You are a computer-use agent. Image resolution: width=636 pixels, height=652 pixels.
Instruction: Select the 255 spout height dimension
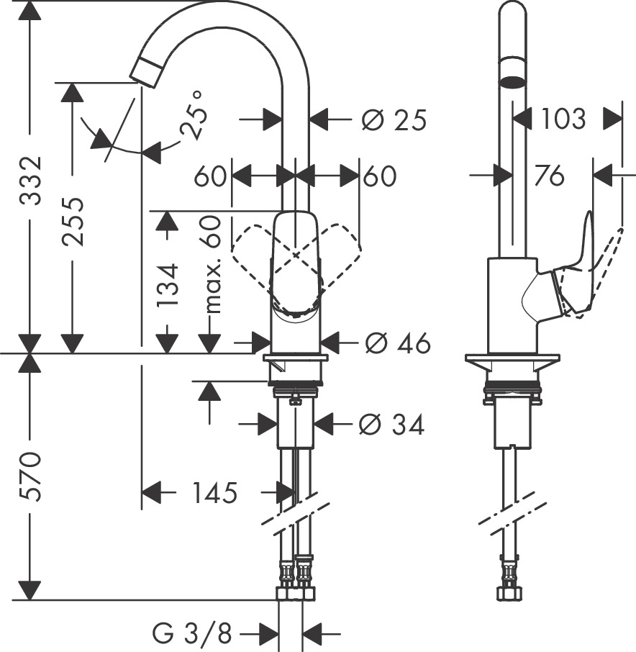[x=73, y=221]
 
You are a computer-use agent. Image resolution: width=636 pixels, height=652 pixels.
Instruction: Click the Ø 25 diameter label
[x=394, y=119]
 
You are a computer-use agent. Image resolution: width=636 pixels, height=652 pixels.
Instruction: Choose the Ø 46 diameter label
[x=397, y=344]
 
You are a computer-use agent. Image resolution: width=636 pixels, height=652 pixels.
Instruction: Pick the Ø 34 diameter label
[x=391, y=425]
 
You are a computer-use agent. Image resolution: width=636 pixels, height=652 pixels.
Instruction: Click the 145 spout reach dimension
[x=214, y=493]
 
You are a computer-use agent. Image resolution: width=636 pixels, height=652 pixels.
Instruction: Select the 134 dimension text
[x=168, y=286]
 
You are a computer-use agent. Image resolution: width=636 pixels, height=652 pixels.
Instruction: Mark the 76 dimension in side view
[x=550, y=175]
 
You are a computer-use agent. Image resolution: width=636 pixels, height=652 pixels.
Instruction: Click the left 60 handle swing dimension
[x=210, y=176]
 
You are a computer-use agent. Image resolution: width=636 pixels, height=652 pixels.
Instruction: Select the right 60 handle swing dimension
[x=379, y=176]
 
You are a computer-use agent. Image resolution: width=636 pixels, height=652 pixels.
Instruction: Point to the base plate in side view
[x=512, y=359]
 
